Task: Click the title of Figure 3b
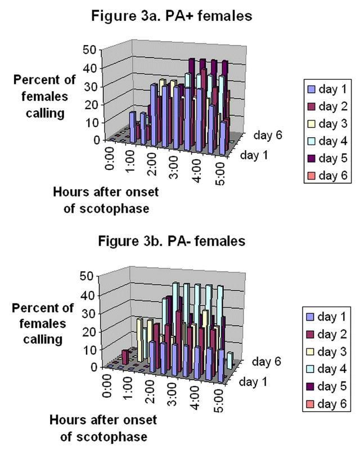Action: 172,241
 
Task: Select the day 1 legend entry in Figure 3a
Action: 326,88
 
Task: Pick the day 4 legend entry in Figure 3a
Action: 326,141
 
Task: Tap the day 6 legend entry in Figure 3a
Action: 326,176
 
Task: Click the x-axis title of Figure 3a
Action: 106,200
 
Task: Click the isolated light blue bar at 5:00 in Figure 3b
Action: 229,359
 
